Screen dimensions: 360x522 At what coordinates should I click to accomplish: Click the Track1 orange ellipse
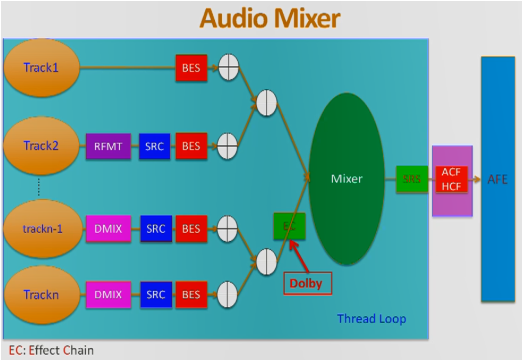tap(41, 68)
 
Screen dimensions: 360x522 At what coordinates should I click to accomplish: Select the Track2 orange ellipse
tap(41, 146)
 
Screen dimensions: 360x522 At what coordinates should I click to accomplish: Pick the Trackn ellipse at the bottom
tap(41, 294)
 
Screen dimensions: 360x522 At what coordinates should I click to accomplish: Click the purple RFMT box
tap(108, 146)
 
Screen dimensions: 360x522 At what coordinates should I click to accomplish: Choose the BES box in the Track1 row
tap(191, 68)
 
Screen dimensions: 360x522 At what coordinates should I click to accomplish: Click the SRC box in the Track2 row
tap(154, 146)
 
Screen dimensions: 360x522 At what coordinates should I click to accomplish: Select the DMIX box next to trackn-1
tap(109, 229)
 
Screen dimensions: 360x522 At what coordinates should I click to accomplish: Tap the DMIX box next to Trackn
tap(109, 294)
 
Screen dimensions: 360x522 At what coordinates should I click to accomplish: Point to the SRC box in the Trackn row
tap(155, 294)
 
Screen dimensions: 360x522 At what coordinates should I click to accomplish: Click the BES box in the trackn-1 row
tap(191, 229)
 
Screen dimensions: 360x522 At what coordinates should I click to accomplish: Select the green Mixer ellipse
tap(346, 179)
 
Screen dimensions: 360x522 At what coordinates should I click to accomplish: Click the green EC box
tap(289, 226)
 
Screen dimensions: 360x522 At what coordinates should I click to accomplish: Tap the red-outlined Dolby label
tap(306, 283)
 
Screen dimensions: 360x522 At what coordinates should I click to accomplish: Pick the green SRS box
tap(412, 179)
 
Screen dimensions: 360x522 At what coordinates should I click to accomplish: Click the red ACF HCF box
tap(451, 179)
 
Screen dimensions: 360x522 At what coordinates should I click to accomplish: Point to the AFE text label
tap(498, 179)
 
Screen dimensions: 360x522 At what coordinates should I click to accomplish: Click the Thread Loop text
tap(371, 319)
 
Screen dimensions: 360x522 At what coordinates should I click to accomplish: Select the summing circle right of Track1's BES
tap(228, 68)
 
